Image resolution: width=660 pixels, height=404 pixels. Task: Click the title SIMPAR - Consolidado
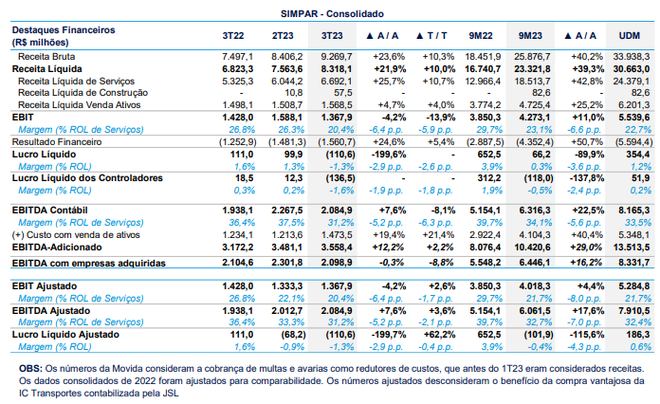332,14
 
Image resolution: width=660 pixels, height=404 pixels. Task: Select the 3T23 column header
332,36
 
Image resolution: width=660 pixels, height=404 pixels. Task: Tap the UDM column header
630,36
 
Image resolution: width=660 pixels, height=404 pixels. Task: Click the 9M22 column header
481,36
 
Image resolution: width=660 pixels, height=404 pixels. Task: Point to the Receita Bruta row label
46,56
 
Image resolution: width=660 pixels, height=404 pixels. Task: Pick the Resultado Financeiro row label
57,142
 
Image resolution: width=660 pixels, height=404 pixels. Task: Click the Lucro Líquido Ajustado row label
65,335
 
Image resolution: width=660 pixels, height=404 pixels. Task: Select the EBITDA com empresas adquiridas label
89,264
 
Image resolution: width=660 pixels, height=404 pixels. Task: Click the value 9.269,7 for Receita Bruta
337,56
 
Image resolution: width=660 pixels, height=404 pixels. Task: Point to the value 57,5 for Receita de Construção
343,93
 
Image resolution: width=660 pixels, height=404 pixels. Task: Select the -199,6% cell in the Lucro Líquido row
389,155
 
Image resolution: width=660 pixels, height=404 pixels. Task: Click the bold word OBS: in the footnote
30,369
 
